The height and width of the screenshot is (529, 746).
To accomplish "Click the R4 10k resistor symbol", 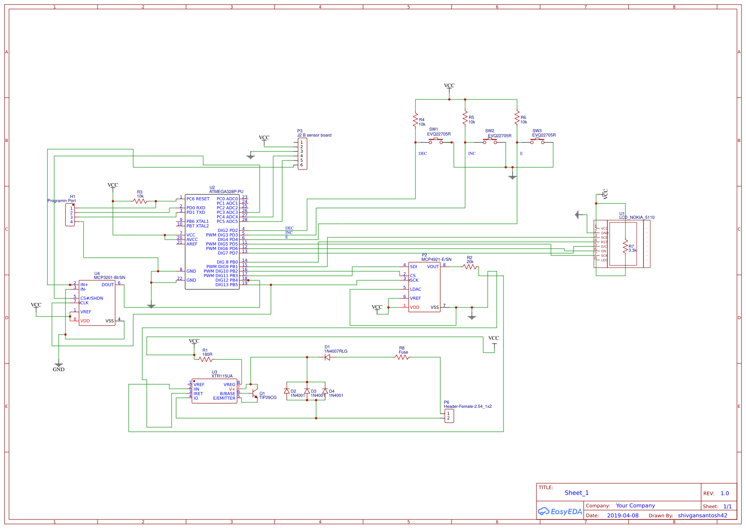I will point(415,120).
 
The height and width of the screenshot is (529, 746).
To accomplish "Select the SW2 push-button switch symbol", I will point(490,142).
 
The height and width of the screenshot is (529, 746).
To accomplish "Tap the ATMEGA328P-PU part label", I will point(226,192).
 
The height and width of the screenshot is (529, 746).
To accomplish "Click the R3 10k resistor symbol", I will point(140,201).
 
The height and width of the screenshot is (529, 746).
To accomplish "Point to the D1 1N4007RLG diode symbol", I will point(327,357).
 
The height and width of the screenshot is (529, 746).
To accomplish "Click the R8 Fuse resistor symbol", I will point(402,357).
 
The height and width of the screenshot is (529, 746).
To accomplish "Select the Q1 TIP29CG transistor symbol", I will point(255,391).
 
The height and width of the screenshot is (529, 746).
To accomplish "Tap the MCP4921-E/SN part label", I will point(436,260).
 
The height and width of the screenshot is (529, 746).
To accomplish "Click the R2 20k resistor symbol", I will point(470,267).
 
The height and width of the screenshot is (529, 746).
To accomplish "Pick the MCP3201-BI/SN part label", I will point(110,278).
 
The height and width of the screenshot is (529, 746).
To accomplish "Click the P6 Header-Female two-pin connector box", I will point(449,416).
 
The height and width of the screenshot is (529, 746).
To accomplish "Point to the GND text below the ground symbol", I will point(59,369).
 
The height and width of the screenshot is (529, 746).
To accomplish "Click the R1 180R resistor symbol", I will point(205,359).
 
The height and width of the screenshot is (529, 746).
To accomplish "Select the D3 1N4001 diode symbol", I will point(307,391).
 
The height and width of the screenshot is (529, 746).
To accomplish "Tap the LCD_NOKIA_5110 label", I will point(637,217).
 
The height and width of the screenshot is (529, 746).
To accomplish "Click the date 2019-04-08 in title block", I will point(623,515).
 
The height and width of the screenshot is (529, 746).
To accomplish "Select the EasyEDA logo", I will point(560,511).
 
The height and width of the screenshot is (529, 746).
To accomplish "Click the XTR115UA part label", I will point(222,376).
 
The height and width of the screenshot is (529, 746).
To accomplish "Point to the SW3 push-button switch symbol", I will point(537,142).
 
